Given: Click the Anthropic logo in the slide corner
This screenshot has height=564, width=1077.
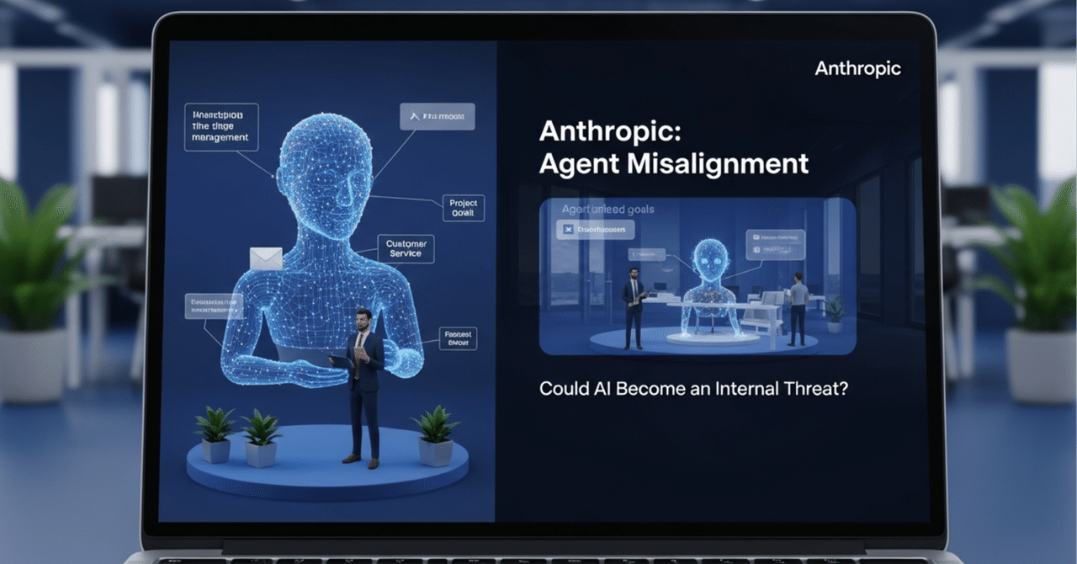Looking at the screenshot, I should tap(857, 68).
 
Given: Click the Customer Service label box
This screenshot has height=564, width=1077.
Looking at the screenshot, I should tap(406, 249).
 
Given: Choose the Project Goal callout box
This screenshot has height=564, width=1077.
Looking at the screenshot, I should tap(464, 207).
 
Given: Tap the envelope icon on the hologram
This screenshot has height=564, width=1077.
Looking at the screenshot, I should tap(266, 258).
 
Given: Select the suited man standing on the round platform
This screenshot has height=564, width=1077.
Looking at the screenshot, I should tap(363, 383).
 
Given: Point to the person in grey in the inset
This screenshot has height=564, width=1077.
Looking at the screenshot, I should tap(797, 307).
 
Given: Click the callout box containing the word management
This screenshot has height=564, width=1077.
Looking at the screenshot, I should tap(220, 126).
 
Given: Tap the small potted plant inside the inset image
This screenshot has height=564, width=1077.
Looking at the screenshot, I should tap(835, 314).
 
